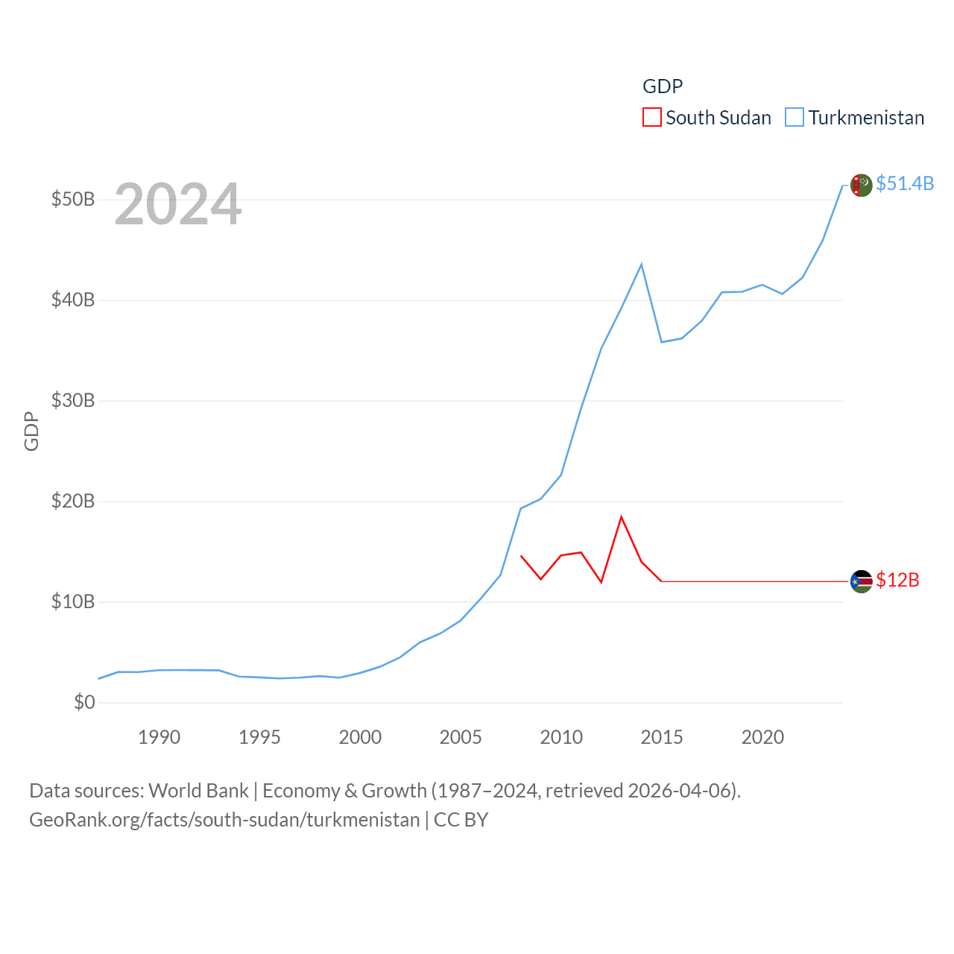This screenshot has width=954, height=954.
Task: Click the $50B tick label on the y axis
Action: pos(73,200)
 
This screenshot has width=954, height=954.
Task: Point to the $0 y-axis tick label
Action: pos(84,702)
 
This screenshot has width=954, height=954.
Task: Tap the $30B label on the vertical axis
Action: pos(73,401)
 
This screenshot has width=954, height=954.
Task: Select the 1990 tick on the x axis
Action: pos(159,737)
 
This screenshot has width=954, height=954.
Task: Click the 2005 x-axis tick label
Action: pos(461,737)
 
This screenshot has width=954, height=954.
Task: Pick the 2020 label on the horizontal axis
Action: pos(762,737)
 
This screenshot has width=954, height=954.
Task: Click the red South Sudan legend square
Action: pos(652,118)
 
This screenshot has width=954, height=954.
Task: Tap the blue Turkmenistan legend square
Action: pos(795,118)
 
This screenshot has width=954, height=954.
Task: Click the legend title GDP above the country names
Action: pos(663,86)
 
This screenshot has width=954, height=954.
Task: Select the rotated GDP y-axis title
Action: pos(31,431)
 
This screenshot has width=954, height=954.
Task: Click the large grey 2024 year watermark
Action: pos(178,204)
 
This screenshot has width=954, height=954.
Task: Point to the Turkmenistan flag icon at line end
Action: pos(861,185)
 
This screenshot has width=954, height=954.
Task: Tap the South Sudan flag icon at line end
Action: pos(861,581)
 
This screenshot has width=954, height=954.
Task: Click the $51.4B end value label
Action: pos(905,183)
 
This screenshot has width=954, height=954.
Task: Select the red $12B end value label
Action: pos(897,580)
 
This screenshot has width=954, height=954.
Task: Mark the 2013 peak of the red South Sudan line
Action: pos(621,517)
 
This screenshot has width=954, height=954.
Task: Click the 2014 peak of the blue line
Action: pos(641,265)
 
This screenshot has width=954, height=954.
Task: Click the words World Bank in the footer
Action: pos(198,790)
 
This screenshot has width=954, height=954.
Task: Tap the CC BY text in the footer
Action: pos(461,820)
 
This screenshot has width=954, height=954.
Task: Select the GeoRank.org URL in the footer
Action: pos(224,820)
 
